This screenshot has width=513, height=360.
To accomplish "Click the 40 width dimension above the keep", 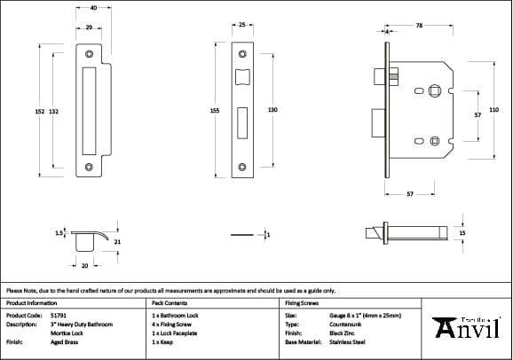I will (93, 7).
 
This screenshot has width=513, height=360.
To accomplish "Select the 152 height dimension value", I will (40, 112).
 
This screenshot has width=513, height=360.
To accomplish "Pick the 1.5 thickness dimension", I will (59, 233).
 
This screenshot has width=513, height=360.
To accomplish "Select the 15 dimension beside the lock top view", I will (462, 233).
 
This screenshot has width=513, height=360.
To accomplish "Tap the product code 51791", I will (59, 315).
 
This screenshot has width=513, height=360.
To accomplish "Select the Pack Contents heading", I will (170, 303).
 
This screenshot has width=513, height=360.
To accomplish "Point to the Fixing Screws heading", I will (302, 303).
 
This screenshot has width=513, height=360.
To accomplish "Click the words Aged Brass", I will (64, 341).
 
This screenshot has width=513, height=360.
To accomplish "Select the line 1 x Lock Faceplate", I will (176, 333).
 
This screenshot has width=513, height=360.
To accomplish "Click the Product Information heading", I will (31, 303).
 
